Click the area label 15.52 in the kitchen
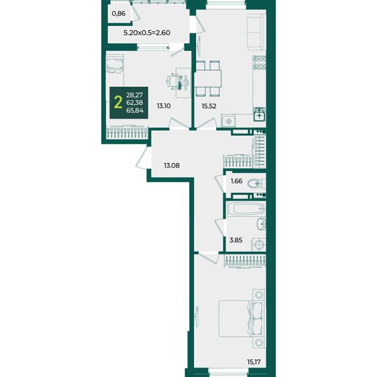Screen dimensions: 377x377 [209, 106]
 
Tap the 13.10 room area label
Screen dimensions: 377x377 [164, 106]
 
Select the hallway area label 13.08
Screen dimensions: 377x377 [172, 165]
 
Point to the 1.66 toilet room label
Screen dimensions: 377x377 [237, 181]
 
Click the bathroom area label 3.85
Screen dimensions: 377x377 [236, 240]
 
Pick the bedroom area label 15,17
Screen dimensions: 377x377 [254, 362]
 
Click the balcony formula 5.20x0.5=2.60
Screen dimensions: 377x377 [147, 33]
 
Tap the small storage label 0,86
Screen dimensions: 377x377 [119, 14]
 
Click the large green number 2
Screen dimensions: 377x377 [118, 102]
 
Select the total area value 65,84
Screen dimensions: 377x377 [135, 111]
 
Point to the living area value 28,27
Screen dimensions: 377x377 [134, 95]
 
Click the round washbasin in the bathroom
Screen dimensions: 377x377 [261, 224]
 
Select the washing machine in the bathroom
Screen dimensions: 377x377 [259, 245]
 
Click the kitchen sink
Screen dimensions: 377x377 [260, 114]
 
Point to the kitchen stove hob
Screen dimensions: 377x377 [260, 62]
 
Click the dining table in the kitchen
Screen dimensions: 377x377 [208, 79]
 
